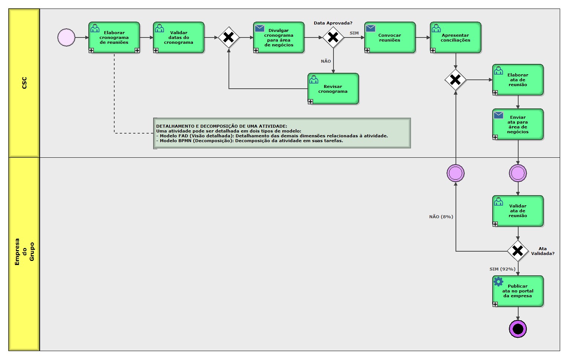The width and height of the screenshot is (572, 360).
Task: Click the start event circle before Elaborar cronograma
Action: pyautogui.click(x=66, y=37)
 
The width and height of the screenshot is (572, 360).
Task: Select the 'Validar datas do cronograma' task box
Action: pyautogui.click(x=178, y=37)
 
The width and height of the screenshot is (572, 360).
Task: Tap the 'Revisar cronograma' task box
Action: pyautogui.click(x=333, y=89)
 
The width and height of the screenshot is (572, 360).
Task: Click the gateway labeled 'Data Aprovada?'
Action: pyautogui.click(x=333, y=37)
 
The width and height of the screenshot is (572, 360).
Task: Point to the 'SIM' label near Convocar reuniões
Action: pyautogui.click(x=354, y=33)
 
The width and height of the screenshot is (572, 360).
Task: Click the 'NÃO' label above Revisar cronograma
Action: pyautogui.click(x=326, y=61)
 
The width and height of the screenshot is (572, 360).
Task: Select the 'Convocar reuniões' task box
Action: pyautogui.click(x=389, y=37)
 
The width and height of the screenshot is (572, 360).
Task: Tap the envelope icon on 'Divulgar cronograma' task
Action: pyautogui.click(x=260, y=28)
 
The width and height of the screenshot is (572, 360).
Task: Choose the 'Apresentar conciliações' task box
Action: pyautogui.click(x=455, y=37)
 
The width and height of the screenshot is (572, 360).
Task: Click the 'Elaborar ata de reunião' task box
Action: pyautogui.click(x=517, y=80)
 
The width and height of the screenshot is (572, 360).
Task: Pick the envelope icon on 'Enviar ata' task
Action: pyautogui.click(x=499, y=115)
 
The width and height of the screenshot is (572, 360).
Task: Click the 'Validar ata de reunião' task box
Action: pyautogui.click(x=517, y=211)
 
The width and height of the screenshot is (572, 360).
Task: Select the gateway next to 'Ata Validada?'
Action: pyautogui.click(x=517, y=251)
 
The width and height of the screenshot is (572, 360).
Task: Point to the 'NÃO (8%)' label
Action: pyautogui.click(x=441, y=217)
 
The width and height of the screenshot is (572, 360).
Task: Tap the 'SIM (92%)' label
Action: pyautogui.click(x=502, y=269)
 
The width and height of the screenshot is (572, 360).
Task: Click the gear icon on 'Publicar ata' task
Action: pyautogui.click(x=499, y=282)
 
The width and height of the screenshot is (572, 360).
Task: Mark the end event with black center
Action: pyautogui.click(x=517, y=329)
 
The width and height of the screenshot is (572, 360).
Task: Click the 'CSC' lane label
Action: pyautogui.click(x=24, y=83)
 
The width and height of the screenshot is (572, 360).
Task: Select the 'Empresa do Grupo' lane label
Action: pyautogui.click(x=24, y=252)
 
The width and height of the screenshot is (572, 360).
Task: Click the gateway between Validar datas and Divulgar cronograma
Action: pyautogui.click(x=229, y=37)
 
